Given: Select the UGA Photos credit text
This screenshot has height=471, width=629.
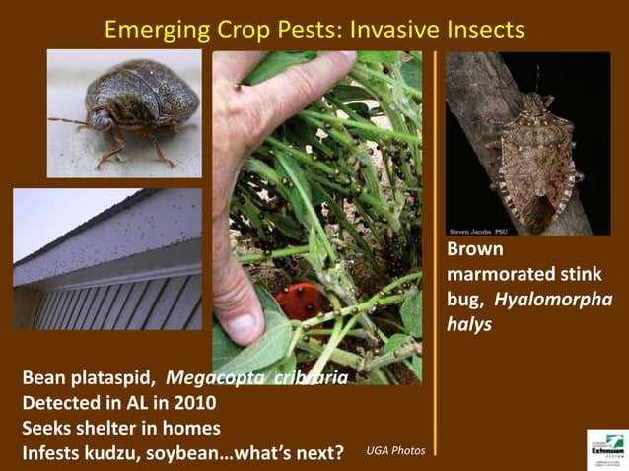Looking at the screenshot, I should (x=395, y=450).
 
